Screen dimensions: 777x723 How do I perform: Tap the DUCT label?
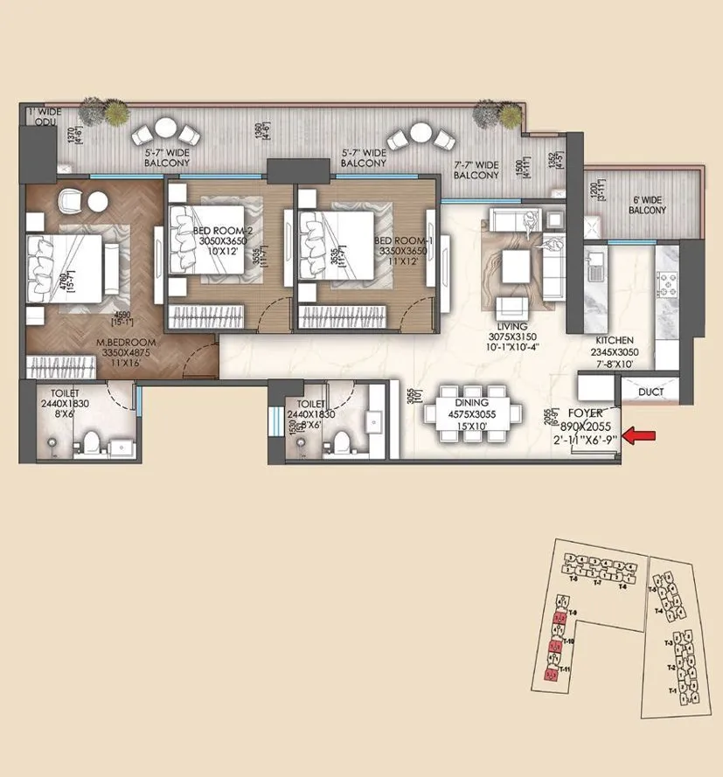point(650,393)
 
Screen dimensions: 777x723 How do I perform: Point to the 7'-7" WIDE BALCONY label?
point(476,170)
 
